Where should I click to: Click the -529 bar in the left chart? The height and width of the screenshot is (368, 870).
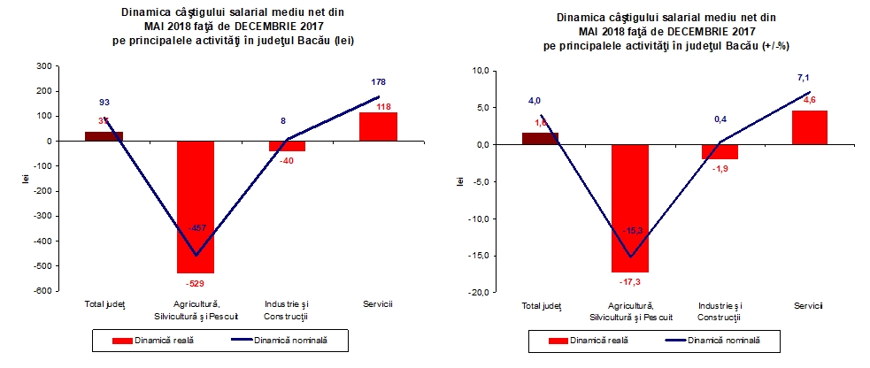196,207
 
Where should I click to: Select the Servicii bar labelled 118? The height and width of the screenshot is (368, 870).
378,126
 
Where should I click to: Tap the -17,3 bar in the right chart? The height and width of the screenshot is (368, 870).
629,208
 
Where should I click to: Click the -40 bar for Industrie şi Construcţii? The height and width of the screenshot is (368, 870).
287,146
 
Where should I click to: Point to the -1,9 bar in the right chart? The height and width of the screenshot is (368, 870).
719,151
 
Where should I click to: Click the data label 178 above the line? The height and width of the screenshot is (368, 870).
379,82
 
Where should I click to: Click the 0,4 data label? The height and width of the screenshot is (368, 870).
720,117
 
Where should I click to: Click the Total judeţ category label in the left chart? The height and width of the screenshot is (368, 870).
105,305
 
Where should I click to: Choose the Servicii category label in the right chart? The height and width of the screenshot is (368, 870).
807,305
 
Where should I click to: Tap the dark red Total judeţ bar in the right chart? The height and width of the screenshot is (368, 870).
540,138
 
